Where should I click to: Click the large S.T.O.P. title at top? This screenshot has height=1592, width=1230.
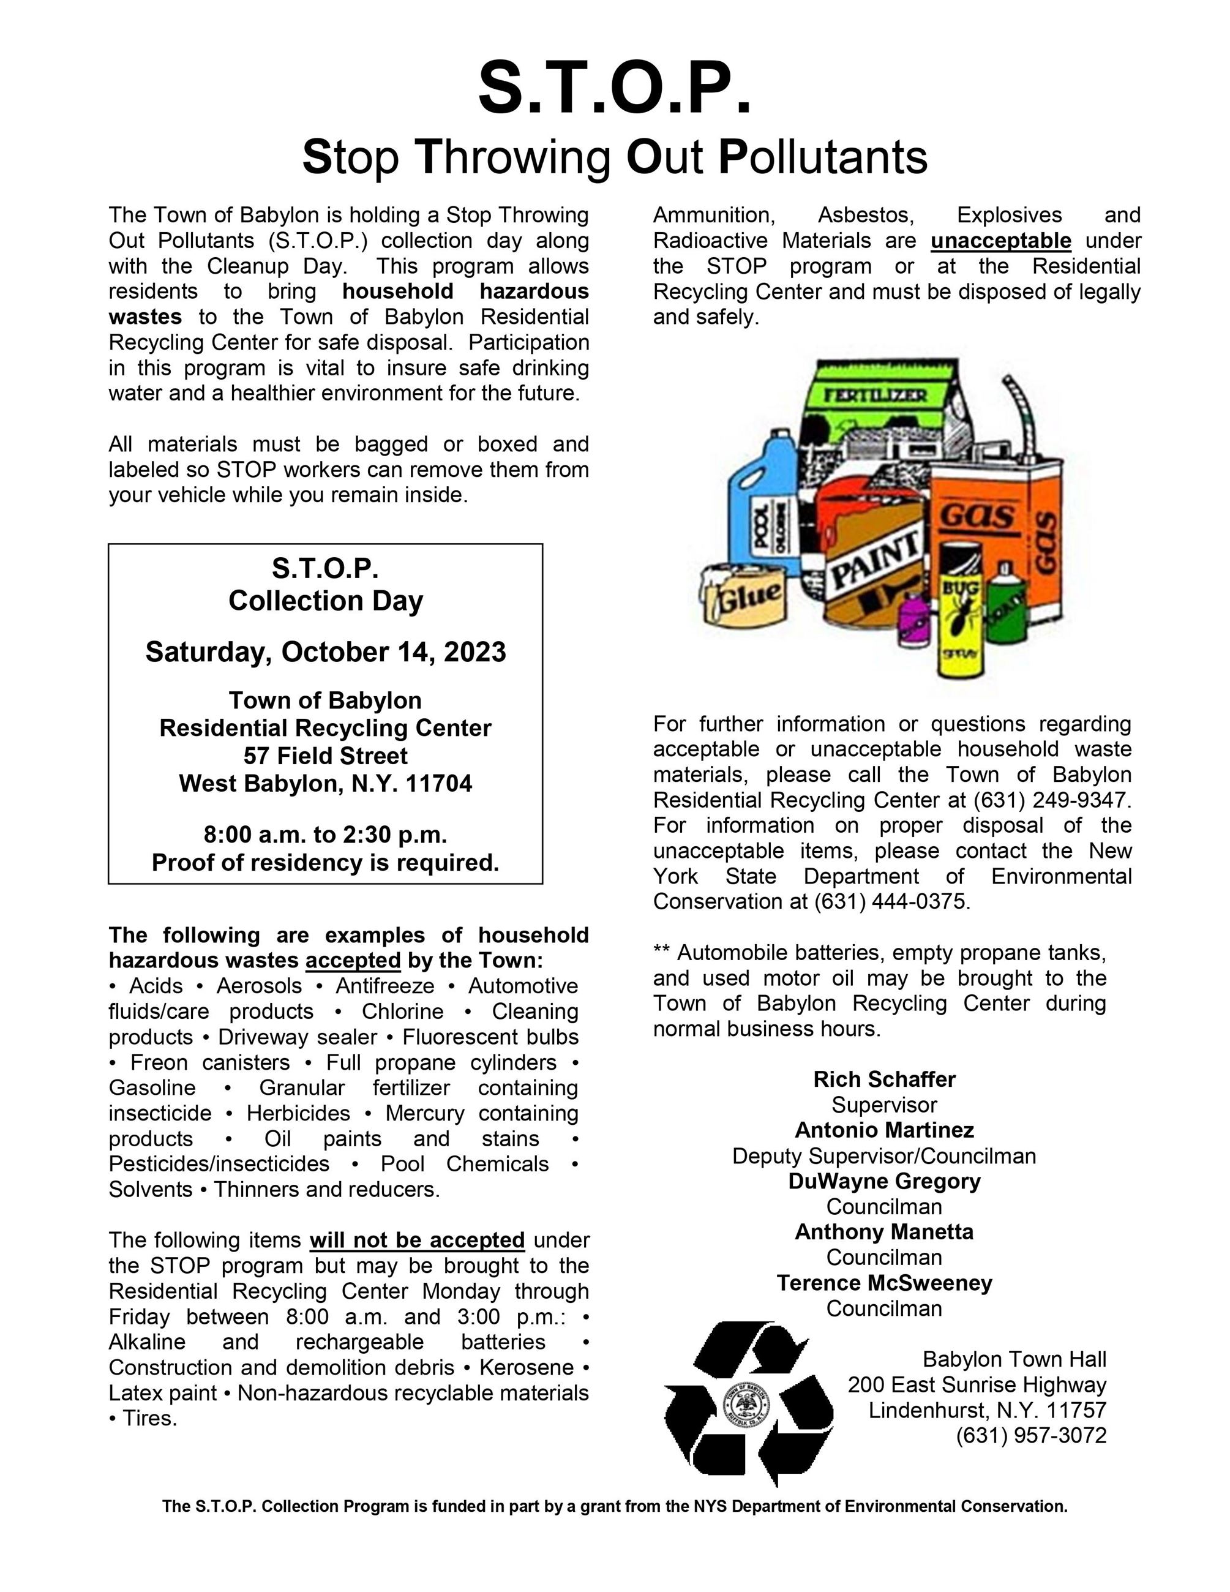[614, 88]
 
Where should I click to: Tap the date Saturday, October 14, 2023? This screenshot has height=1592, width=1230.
[325, 651]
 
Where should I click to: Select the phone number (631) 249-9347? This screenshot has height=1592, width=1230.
[1051, 800]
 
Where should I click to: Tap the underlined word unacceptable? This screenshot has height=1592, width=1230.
[1000, 241]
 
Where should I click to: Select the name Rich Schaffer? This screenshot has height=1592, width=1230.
[884, 1079]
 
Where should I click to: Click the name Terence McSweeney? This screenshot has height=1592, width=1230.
[884, 1282]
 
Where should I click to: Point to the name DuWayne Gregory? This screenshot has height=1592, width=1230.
[884, 1181]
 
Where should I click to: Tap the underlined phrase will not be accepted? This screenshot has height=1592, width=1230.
[417, 1240]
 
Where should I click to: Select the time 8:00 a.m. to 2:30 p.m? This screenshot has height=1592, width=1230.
[325, 834]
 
